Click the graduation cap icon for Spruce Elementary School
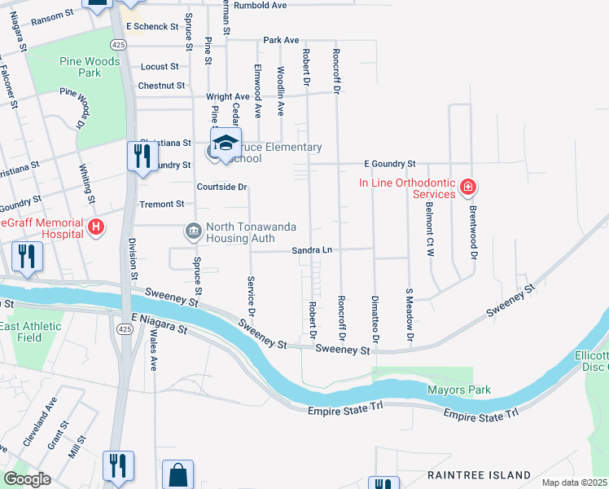pos(226,144)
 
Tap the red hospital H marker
pos(96,227)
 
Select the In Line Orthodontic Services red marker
pos(467,188)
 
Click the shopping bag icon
pos(178,475)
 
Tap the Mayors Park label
pos(459,390)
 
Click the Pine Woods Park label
pos(90,67)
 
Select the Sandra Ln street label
pos(313,250)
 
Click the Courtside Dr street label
pos(221,187)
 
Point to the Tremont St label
pos(162,204)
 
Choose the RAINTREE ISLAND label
pos(480,474)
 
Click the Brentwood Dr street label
pos(471,232)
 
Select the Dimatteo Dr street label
pos(375,319)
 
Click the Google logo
pos(28,478)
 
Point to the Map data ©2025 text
pos(574,482)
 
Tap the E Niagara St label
pos(154,324)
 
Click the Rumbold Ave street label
pos(260,5)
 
